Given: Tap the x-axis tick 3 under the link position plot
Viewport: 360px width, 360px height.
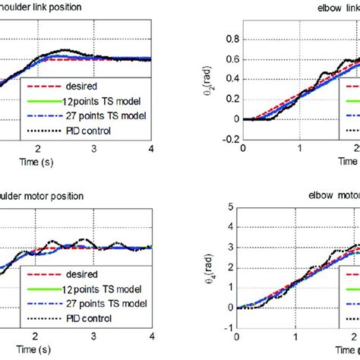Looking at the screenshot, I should (93, 149).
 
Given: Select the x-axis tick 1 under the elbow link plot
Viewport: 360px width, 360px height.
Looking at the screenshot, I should (299, 149).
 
